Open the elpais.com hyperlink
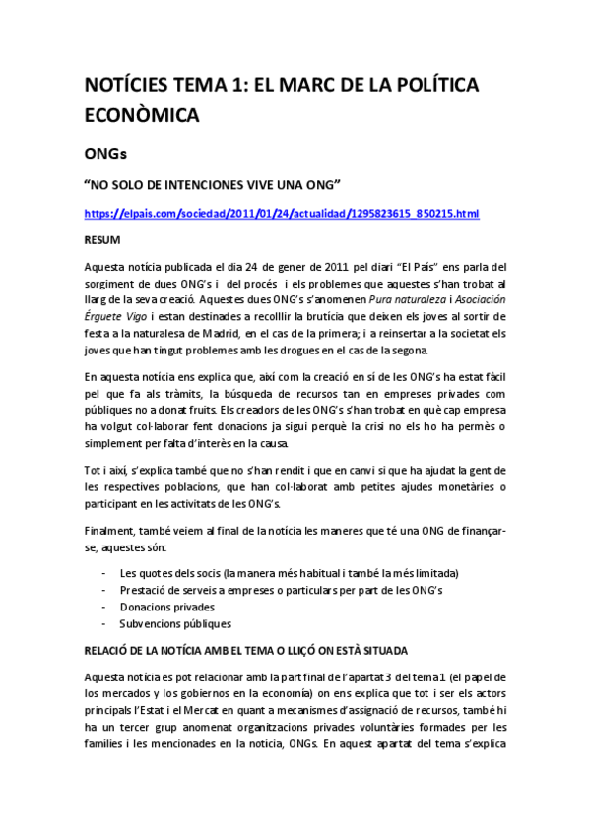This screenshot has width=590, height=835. [282, 213]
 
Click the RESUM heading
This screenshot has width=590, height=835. [102, 239]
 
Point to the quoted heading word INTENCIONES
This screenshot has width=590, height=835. [216, 184]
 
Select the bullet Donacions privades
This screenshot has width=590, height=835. [166, 607]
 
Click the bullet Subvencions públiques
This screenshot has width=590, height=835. [175, 623]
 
